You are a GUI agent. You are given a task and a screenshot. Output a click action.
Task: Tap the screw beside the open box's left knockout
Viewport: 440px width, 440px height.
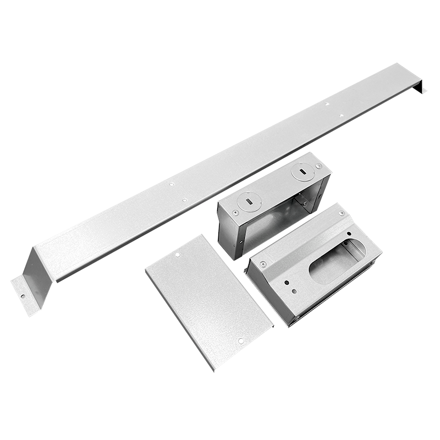[x=235, y=213]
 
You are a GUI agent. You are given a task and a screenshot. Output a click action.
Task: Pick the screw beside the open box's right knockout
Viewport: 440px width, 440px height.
[x=319, y=166]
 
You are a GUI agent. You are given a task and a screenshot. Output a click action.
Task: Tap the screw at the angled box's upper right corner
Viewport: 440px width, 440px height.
[x=342, y=213]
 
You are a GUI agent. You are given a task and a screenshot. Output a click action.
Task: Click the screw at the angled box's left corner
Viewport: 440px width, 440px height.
[x=263, y=264]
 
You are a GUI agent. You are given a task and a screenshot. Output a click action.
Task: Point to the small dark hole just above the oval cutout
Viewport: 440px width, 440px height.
[x=349, y=234]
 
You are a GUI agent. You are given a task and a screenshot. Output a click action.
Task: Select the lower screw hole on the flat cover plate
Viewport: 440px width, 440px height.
[x=240, y=341]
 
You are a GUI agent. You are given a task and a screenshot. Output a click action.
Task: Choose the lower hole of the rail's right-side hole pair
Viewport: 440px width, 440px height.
[x=341, y=116]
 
